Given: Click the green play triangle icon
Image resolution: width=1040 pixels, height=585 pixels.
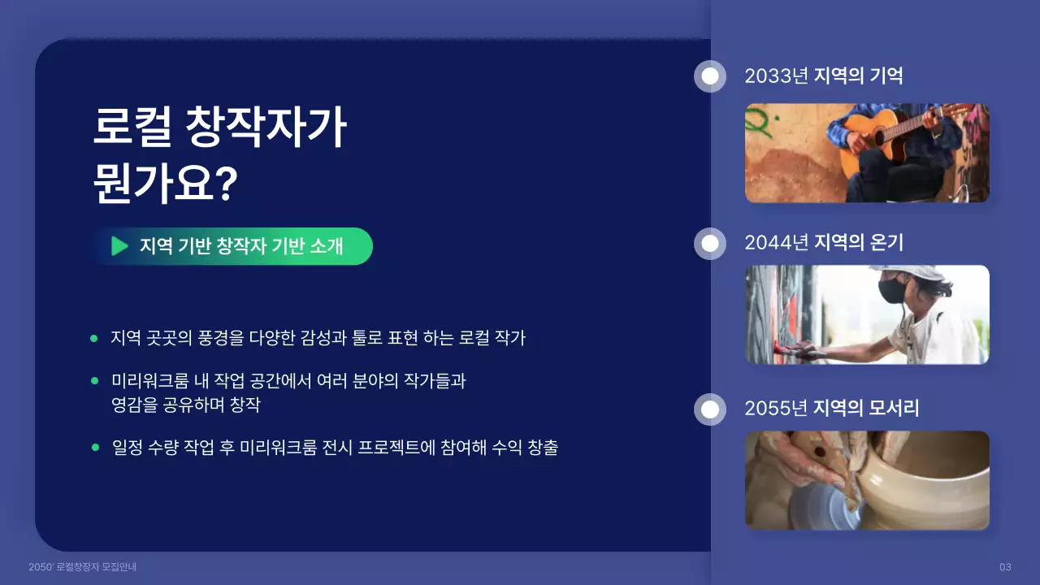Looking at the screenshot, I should pyautogui.click(x=119, y=246).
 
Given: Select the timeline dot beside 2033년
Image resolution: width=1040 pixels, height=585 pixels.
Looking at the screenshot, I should pyautogui.click(x=710, y=76).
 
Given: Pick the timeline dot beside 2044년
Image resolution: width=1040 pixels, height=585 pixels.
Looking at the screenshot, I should pyautogui.click(x=710, y=243).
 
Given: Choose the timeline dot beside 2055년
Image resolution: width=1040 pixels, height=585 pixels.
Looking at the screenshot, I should pyautogui.click(x=710, y=409).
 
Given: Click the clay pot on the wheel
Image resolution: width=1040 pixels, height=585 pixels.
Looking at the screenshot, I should pyautogui.click(x=926, y=479).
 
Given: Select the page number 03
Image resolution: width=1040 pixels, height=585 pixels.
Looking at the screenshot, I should pyautogui.click(x=1005, y=566).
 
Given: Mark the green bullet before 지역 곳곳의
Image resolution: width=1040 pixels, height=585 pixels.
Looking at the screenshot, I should pyautogui.click(x=94, y=338).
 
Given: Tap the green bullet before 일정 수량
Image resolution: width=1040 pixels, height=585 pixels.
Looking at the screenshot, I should pyautogui.click(x=94, y=448).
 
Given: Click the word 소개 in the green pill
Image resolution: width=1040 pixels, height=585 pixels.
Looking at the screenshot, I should pyautogui.click(x=327, y=246).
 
